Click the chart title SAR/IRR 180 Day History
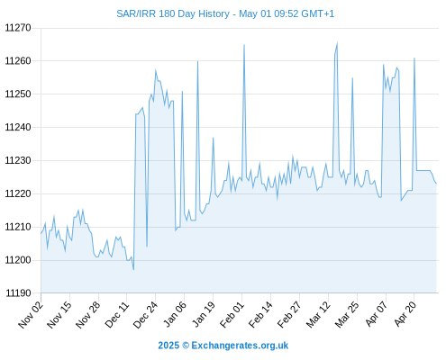click(173, 13)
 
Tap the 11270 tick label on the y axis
click(18, 28)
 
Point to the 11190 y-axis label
click(18, 293)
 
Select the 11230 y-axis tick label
click(18, 160)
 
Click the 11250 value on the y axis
click(18, 94)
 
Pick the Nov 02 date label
click(31, 315)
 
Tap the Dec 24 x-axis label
click(145, 315)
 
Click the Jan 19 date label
click(204, 315)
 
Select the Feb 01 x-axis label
click(232, 315)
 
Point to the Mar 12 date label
click(318, 315)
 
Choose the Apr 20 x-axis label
click(405, 315)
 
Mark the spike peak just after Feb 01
click(244, 45)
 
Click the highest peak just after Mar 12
click(337, 42)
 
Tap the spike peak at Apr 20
click(414, 58)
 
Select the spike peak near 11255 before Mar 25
click(352, 78)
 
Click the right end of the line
click(436, 184)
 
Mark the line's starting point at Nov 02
click(41, 233)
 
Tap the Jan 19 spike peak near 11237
click(214, 138)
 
